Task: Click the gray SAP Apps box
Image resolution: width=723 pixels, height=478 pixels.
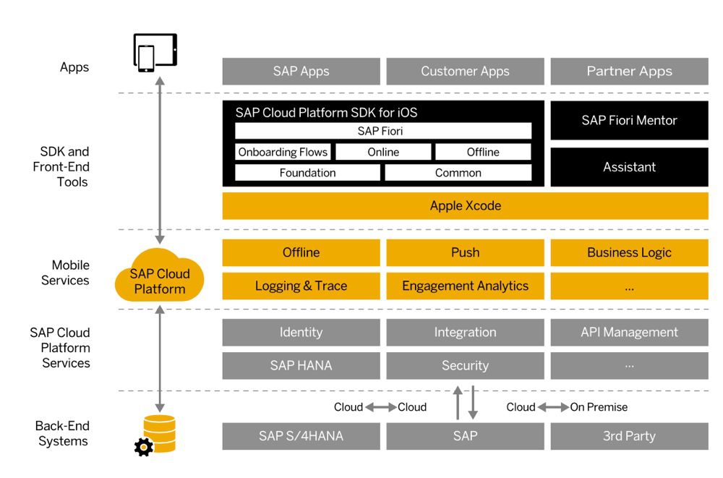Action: [x=301, y=72]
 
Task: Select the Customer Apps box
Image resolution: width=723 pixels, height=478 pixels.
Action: [x=465, y=72]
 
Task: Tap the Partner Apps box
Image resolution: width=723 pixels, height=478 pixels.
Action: [x=629, y=72]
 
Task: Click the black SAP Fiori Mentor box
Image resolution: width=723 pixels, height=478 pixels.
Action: [x=629, y=121]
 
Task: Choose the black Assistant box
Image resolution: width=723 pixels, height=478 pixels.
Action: [x=629, y=167]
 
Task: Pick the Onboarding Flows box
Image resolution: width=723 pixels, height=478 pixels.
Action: [x=283, y=152]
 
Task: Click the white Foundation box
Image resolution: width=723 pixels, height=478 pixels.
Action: [x=307, y=173]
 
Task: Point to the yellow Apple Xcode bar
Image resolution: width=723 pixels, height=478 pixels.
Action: [x=465, y=206]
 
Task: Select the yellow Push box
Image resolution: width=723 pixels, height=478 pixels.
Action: [x=465, y=252]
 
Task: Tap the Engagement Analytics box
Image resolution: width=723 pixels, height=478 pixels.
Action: [x=465, y=286]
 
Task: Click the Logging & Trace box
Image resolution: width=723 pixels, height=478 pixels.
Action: [x=301, y=286]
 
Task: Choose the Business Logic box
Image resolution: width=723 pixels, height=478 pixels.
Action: [x=629, y=252]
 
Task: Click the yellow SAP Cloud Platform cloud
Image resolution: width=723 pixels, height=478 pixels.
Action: [x=160, y=278]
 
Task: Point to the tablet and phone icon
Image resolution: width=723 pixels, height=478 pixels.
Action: [x=155, y=53]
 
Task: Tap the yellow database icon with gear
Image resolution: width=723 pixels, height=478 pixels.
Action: [x=156, y=434]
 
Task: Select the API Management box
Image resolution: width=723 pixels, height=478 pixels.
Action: [x=629, y=333]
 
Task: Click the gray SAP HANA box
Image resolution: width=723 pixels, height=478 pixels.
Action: [x=301, y=366]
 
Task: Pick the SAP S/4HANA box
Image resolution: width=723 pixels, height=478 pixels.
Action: [x=301, y=436]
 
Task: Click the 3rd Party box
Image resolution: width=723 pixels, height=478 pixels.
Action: [x=629, y=436]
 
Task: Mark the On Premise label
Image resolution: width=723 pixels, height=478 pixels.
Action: [x=599, y=407]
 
